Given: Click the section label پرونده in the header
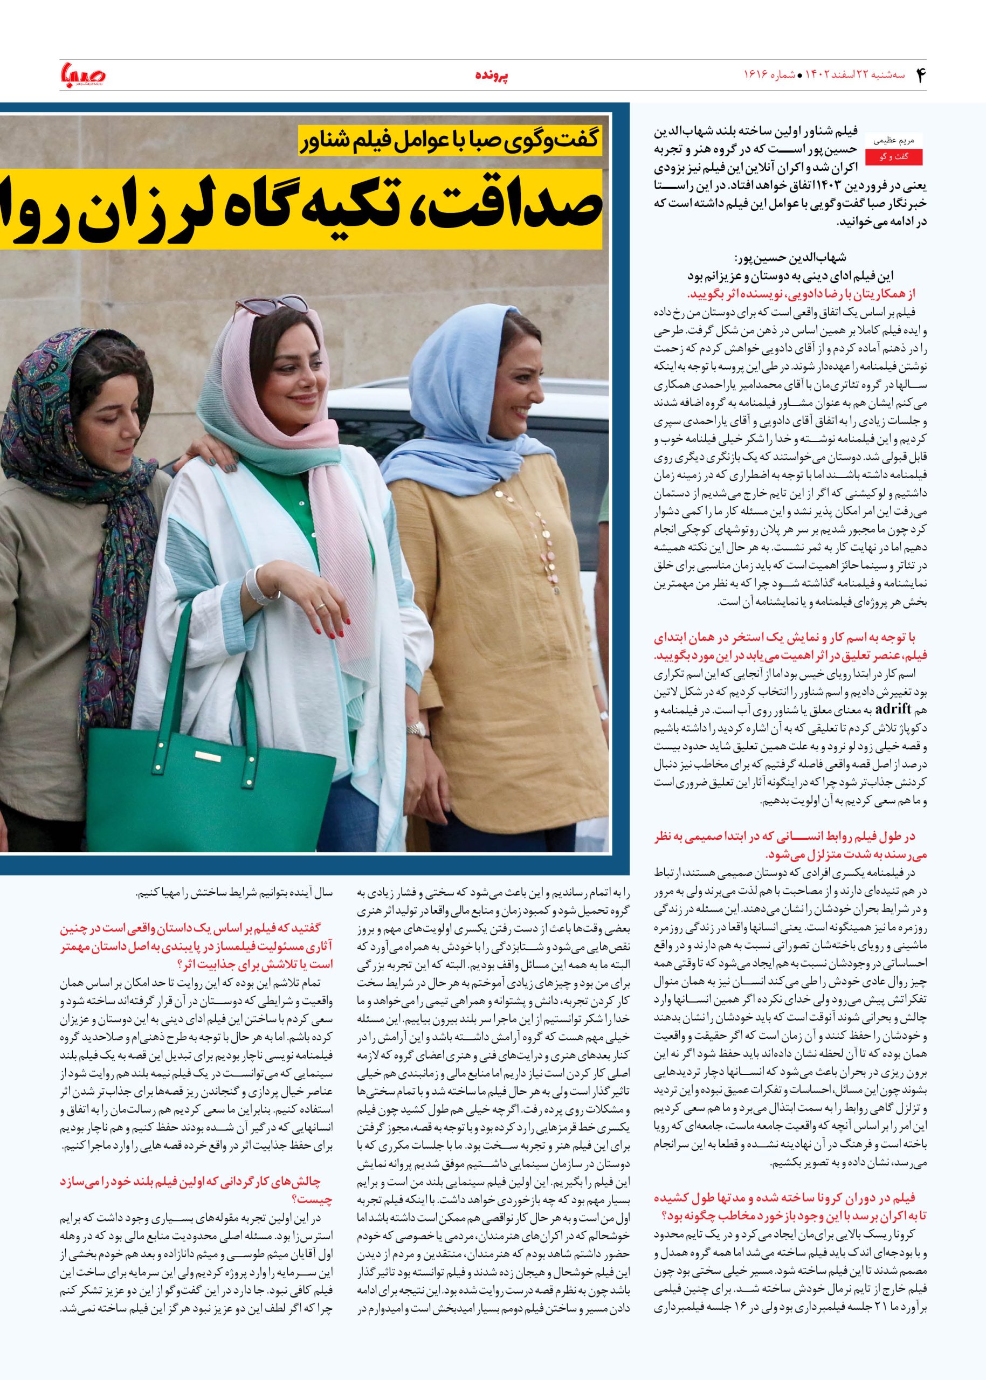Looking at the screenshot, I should [x=492, y=75].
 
